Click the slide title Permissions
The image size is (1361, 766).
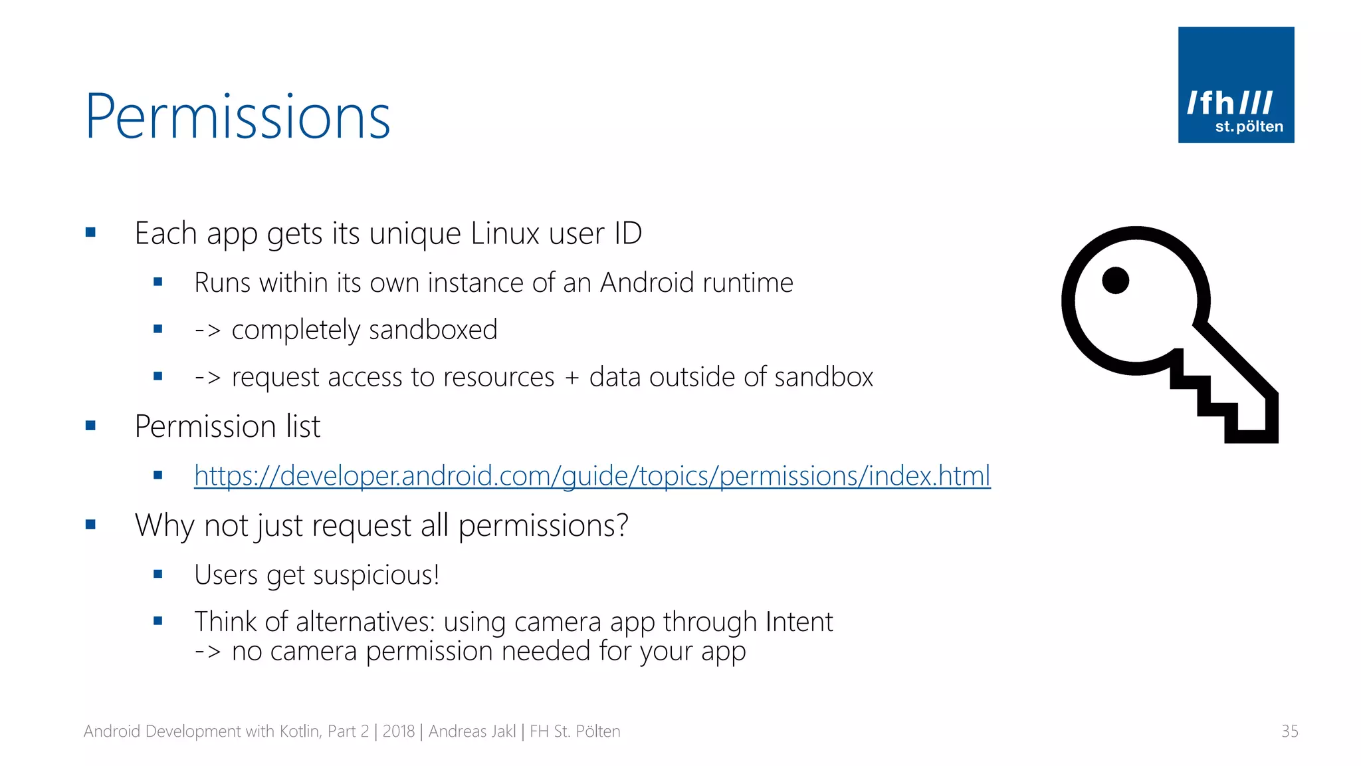click(238, 116)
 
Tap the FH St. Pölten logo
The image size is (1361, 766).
click(1235, 84)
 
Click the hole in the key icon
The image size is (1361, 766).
click(1115, 280)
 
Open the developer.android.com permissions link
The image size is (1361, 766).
click(592, 475)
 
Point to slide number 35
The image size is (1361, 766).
click(1289, 731)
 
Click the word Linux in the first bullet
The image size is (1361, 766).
click(504, 233)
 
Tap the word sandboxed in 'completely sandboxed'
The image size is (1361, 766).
click(433, 330)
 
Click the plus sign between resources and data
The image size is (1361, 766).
click(572, 378)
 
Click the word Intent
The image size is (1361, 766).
click(799, 622)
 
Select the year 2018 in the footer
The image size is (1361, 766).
click(398, 731)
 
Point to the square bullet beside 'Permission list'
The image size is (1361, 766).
click(91, 426)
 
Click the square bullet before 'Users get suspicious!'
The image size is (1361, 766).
click(157, 574)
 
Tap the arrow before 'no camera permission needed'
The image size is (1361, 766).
click(207, 652)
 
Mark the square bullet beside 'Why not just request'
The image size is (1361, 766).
click(91, 525)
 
